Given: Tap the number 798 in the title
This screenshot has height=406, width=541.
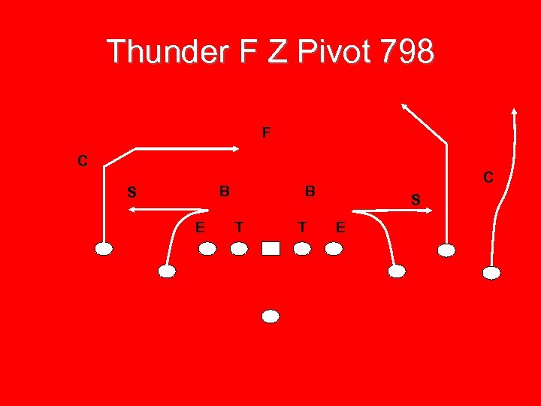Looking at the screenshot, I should [x=406, y=52].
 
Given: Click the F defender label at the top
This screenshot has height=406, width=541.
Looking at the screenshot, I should [x=266, y=133].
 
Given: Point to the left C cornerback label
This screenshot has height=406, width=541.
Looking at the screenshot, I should [x=83, y=160].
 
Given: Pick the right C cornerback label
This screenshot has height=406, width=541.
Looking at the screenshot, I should [x=488, y=177].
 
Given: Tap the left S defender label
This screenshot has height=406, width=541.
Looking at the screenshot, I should [x=131, y=192].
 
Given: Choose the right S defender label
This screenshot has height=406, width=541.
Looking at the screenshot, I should [x=416, y=198].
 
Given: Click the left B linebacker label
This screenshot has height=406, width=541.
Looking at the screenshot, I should [x=224, y=191].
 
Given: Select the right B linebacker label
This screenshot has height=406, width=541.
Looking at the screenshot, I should [x=310, y=191].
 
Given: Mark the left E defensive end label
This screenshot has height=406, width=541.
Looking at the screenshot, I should [x=199, y=226].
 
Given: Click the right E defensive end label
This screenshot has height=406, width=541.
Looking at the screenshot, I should [x=340, y=226].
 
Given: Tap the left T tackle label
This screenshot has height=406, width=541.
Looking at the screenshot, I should [x=238, y=226].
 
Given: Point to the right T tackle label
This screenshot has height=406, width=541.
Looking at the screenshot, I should [x=301, y=226].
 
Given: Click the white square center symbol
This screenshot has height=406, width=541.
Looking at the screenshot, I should [x=271, y=249].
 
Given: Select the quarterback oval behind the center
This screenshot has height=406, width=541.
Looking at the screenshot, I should [x=271, y=317].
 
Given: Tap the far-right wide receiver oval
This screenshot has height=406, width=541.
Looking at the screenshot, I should [x=491, y=273].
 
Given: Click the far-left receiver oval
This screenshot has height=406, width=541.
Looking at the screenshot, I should [x=104, y=249].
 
